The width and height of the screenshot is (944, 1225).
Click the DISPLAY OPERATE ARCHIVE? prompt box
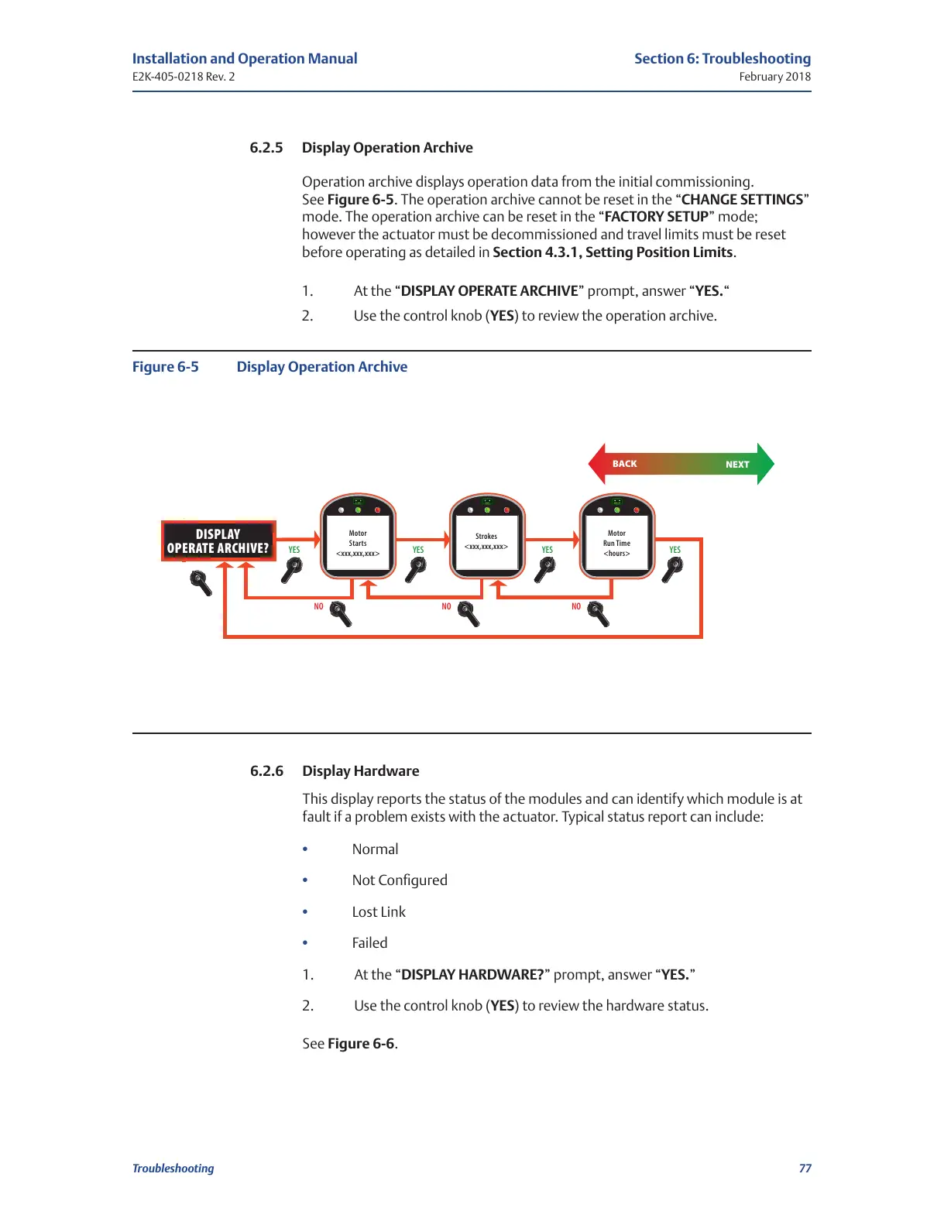tap(218, 540)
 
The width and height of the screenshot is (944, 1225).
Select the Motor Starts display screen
tap(358, 543)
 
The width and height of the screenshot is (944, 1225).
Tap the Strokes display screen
tap(486, 541)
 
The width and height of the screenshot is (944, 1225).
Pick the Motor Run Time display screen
tap(616, 543)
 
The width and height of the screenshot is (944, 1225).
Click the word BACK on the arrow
tap(625, 464)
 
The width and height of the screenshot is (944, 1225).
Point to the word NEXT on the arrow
tap(737, 465)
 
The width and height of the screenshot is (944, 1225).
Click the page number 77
tap(805, 1168)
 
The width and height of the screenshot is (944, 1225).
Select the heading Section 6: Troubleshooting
tap(723, 59)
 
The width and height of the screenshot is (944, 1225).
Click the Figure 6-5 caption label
tap(166, 367)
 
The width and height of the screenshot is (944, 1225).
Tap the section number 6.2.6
tap(266, 771)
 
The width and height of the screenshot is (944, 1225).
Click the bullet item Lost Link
tap(379, 912)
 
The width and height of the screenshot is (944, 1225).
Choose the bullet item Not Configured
tap(400, 880)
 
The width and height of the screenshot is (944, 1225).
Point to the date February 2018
tap(774, 77)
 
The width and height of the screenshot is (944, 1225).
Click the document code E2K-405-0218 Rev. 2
tap(184, 77)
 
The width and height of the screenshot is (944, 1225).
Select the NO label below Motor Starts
tap(318, 606)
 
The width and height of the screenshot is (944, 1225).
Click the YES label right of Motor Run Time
tap(675, 550)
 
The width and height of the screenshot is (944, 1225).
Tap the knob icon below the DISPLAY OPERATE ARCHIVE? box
tap(201, 582)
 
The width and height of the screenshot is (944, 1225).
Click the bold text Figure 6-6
tap(361, 1044)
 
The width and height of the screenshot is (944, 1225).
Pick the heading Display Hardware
tap(361, 771)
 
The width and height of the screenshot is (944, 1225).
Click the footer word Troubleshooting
tap(173, 1168)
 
